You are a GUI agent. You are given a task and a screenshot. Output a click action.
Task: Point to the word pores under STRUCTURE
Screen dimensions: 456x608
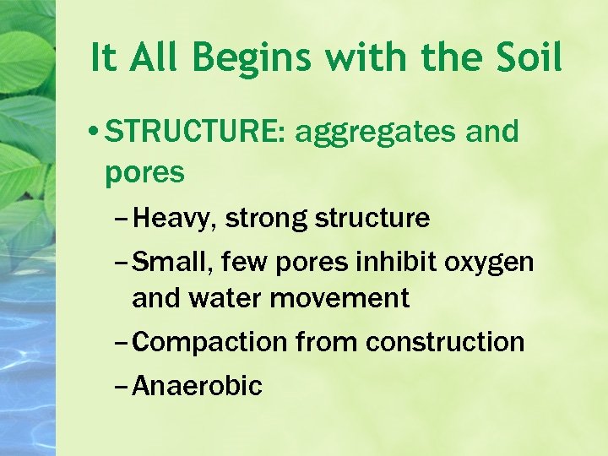coord(144,171)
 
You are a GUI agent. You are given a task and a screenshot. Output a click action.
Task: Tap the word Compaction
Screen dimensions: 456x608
coord(210,342)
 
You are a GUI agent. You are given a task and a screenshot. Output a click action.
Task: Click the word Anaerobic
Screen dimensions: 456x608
coord(198,386)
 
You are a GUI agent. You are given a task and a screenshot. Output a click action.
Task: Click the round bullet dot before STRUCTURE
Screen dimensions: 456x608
coord(99,133)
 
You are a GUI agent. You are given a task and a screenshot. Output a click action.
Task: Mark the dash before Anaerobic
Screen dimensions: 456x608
coord(121,387)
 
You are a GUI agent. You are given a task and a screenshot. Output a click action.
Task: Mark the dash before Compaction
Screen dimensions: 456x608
coord(121,343)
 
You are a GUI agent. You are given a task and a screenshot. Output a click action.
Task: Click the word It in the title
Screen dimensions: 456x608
coord(104,58)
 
